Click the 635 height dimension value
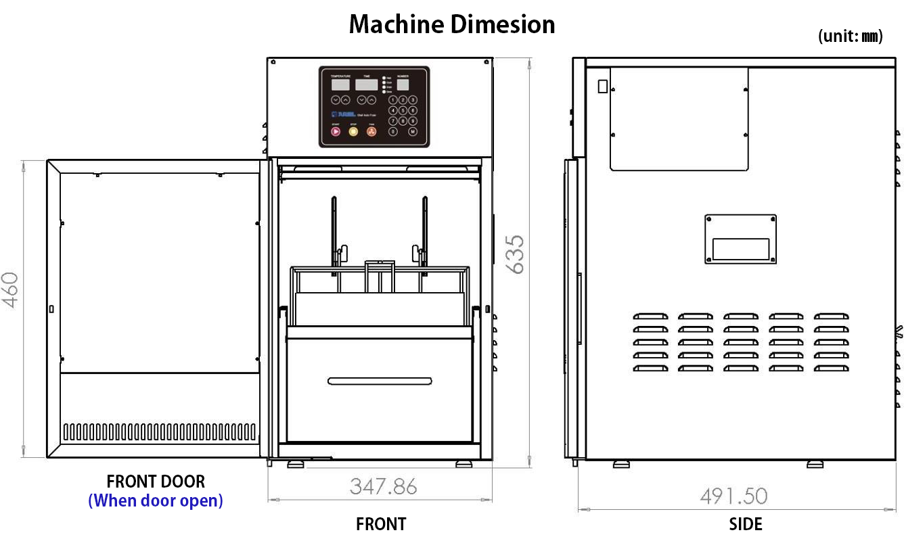pyautogui.click(x=516, y=254)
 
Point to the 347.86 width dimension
pyautogui.click(x=383, y=486)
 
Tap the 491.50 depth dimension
pyautogui.click(x=733, y=496)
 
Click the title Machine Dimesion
pyautogui.click(x=452, y=25)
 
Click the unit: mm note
pyautogui.click(x=850, y=37)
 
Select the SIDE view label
pyautogui.click(x=746, y=524)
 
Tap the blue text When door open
pyautogui.click(x=156, y=501)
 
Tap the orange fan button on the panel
pyautogui.click(x=371, y=131)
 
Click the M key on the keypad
pyautogui.click(x=412, y=131)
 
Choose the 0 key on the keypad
pyautogui.click(x=394, y=131)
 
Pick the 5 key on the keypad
pyautogui.click(x=403, y=110)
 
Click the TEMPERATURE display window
pyautogui.click(x=340, y=85)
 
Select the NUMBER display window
pyautogui.click(x=403, y=85)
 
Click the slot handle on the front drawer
pyautogui.click(x=380, y=381)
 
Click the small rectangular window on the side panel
pyautogui.click(x=740, y=249)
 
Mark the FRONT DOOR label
pyautogui.click(x=156, y=481)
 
